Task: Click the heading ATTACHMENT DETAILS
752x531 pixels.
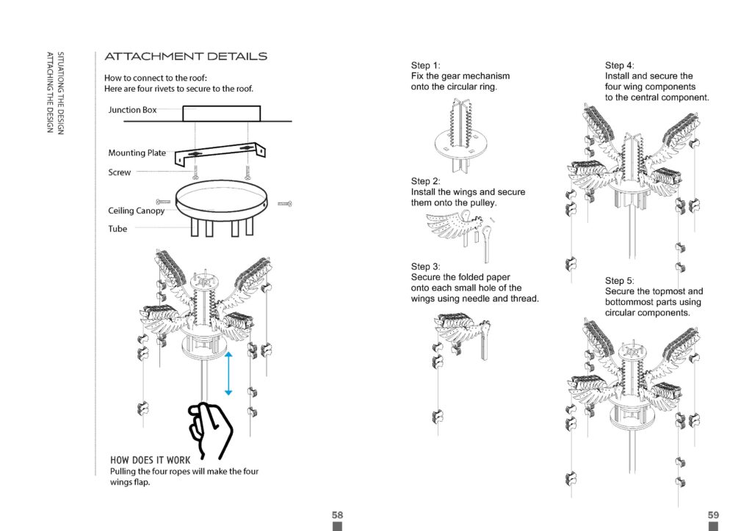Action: point(186,56)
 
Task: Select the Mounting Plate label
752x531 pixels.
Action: point(137,153)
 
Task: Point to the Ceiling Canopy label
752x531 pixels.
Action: point(137,211)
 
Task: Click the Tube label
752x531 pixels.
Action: point(117,229)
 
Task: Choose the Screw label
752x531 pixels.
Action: point(120,173)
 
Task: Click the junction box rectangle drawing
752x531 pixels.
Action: point(221,114)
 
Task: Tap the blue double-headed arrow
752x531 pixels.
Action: point(228,373)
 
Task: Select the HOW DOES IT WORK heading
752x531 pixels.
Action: point(150,461)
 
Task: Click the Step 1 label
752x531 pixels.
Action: point(425,65)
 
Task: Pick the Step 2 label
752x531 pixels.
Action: point(425,181)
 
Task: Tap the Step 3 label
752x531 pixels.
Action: point(425,266)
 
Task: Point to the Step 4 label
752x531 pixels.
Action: point(619,65)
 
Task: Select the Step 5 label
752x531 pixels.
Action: point(619,281)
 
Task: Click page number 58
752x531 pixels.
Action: point(337,515)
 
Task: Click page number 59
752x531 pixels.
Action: point(712,515)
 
